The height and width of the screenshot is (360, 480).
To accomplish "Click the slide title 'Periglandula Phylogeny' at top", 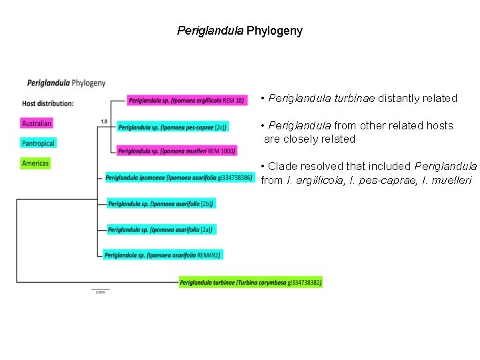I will (239, 31).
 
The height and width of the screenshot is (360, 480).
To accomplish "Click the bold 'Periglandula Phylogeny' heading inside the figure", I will (66, 83).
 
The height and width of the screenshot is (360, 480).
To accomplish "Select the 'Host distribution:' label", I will (47, 103).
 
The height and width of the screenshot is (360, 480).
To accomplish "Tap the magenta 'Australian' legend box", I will (37, 123).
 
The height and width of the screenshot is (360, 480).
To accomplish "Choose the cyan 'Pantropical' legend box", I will (39, 143).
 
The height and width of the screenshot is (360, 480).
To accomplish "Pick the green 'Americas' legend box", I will (35, 163).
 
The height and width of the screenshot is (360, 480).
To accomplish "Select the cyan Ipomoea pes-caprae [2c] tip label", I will (173, 126).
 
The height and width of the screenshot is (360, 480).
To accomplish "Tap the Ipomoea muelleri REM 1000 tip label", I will (177, 151).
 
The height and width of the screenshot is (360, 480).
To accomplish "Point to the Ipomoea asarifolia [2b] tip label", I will (160, 203).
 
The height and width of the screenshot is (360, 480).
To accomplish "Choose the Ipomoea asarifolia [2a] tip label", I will (160, 229).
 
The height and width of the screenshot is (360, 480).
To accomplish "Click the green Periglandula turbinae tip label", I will (251, 283).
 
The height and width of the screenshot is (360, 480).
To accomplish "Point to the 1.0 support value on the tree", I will (104, 121).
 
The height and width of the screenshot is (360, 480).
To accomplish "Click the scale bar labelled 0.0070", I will (100, 289).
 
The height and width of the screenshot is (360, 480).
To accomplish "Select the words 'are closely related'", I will (310, 139).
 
